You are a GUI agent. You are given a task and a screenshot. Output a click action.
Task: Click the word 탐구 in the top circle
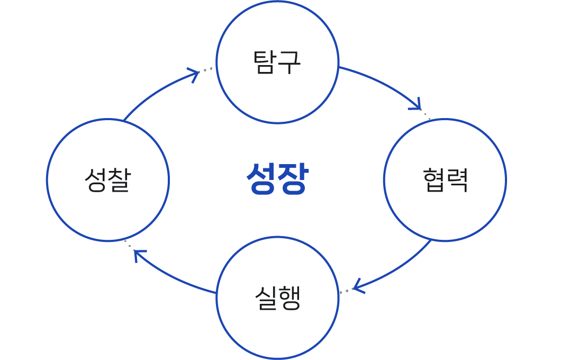(277, 62)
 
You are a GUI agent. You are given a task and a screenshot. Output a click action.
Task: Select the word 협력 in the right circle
(445, 179)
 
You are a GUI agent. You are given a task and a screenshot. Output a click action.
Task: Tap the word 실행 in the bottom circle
(277, 298)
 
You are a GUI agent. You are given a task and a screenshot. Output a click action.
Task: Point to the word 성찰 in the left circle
(108, 179)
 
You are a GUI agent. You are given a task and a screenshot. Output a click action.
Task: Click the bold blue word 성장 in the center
(277, 179)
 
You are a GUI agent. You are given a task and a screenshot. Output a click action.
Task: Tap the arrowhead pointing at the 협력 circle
(417, 104)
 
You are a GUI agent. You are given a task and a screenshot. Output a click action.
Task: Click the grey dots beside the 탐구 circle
(206, 69)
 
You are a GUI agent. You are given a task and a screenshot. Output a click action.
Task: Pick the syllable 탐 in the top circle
(265, 62)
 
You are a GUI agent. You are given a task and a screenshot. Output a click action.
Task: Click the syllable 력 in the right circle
(457, 179)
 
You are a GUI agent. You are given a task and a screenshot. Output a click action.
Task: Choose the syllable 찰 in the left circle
(120, 179)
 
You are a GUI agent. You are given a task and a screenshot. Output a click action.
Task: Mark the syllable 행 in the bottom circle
(289, 298)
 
